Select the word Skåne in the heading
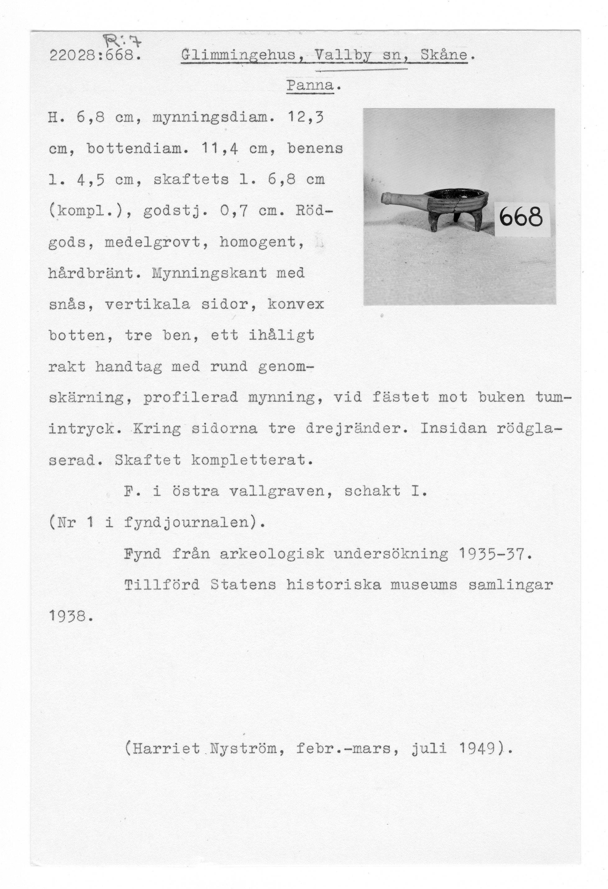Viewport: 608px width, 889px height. tap(444, 56)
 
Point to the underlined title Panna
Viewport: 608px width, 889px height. tap(310, 86)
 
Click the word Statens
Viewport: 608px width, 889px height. tap(243, 585)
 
